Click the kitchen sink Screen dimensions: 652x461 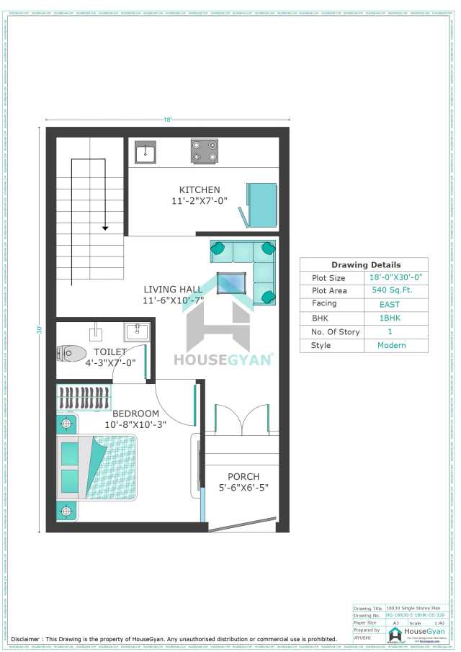(x=146, y=151)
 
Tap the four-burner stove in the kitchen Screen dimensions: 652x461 (x=204, y=151)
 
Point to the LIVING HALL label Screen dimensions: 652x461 (x=172, y=289)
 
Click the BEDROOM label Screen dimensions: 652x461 (x=135, y=414)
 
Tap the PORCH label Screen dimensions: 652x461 (x=243, y=477)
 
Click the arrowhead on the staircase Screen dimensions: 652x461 (x=105, y=228)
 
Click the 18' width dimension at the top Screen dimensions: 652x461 (x=168, y=120)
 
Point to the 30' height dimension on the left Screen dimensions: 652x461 (x=38, y=329)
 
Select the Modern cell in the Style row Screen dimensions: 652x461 (x=391, y=345)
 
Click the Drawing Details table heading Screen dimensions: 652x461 (x=365, y=264)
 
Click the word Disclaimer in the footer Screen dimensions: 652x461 (x=30, y=639)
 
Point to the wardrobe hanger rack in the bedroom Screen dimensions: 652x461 (x=85, y=398)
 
